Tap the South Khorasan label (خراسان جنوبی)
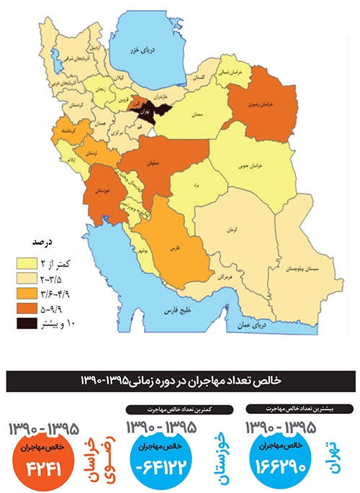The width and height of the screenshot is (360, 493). click(264, 166)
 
